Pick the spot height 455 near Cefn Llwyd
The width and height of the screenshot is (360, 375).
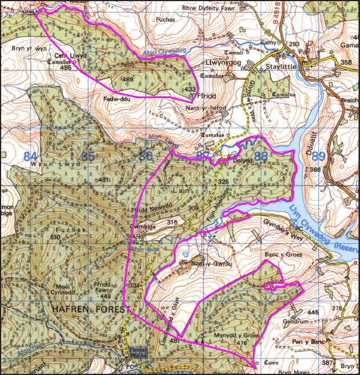(66, 67)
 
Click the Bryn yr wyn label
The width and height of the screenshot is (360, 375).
(28, 49)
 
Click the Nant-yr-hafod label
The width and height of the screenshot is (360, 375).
(203, 107)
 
